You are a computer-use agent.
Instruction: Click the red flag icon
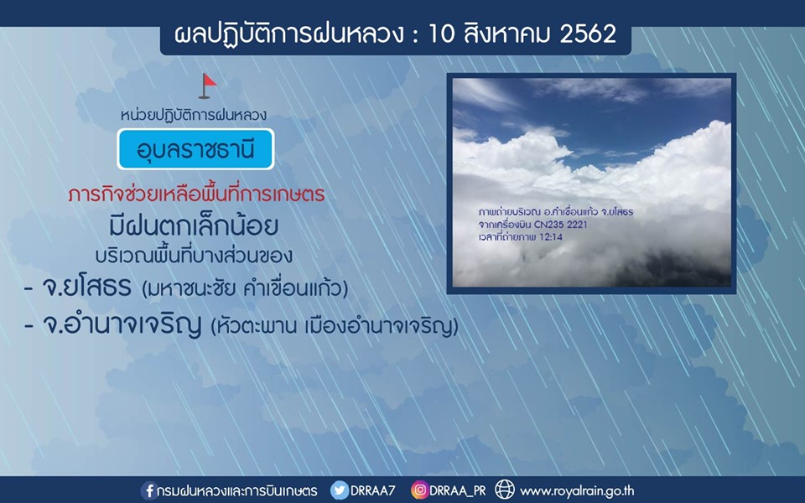(207, 86)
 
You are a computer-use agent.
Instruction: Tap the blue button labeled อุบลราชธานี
(195, 149)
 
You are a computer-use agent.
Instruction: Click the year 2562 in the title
(587, 34)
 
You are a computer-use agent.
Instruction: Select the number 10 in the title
(440, 34)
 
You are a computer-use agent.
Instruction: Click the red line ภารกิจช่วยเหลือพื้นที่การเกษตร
(196, 194)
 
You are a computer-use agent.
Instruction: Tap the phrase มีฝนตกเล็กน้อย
(194, 225)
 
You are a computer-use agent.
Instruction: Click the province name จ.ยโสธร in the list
(86, 288)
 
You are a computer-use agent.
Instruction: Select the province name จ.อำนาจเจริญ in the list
(122, 325)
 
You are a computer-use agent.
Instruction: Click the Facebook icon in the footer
(149, 490)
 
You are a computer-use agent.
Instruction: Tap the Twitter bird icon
(339, 490)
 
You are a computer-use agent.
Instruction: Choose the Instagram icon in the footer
(419, 490)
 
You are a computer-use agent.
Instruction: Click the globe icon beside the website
(504, 490)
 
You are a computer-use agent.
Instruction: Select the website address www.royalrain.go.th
(577, 491)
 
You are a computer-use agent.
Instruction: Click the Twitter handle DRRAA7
(372, 490)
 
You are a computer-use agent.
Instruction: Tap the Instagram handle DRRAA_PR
(458, 491)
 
